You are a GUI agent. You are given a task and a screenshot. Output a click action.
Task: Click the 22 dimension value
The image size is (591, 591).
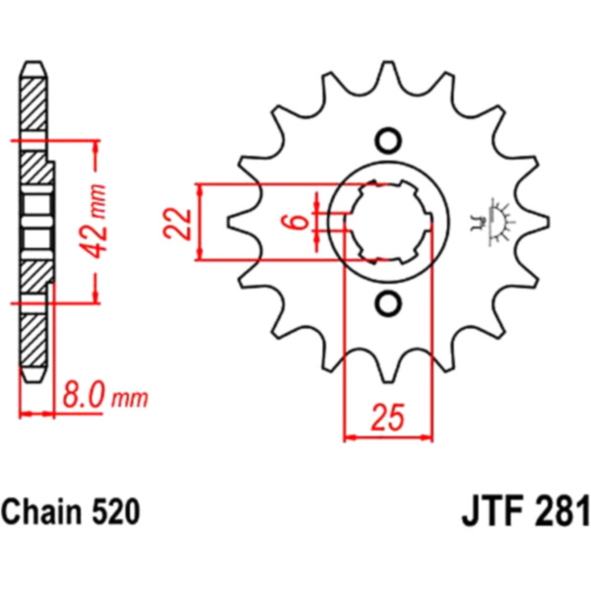[x=177, y=224]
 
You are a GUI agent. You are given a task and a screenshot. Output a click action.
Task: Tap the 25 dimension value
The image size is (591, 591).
[x=388, y=417]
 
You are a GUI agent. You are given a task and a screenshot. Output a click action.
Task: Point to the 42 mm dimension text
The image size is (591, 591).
[x=94, y=221]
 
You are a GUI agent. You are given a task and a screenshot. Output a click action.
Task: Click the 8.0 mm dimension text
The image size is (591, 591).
[x=105, y=395]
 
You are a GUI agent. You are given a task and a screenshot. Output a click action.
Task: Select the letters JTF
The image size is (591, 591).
[x=492, y=511]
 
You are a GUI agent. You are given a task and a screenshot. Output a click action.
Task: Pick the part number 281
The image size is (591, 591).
[x=561, y=511]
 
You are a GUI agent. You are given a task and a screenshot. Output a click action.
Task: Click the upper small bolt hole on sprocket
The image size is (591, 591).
[x=388, y=141]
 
